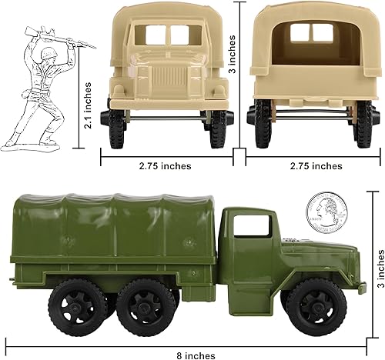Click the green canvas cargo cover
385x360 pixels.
pyautogui.click(x=115, y=223)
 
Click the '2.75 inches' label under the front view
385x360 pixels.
pyautogui.click(x=165, y=165)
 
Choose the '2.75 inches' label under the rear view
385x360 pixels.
pyautogui.click(x=316, y=165)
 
